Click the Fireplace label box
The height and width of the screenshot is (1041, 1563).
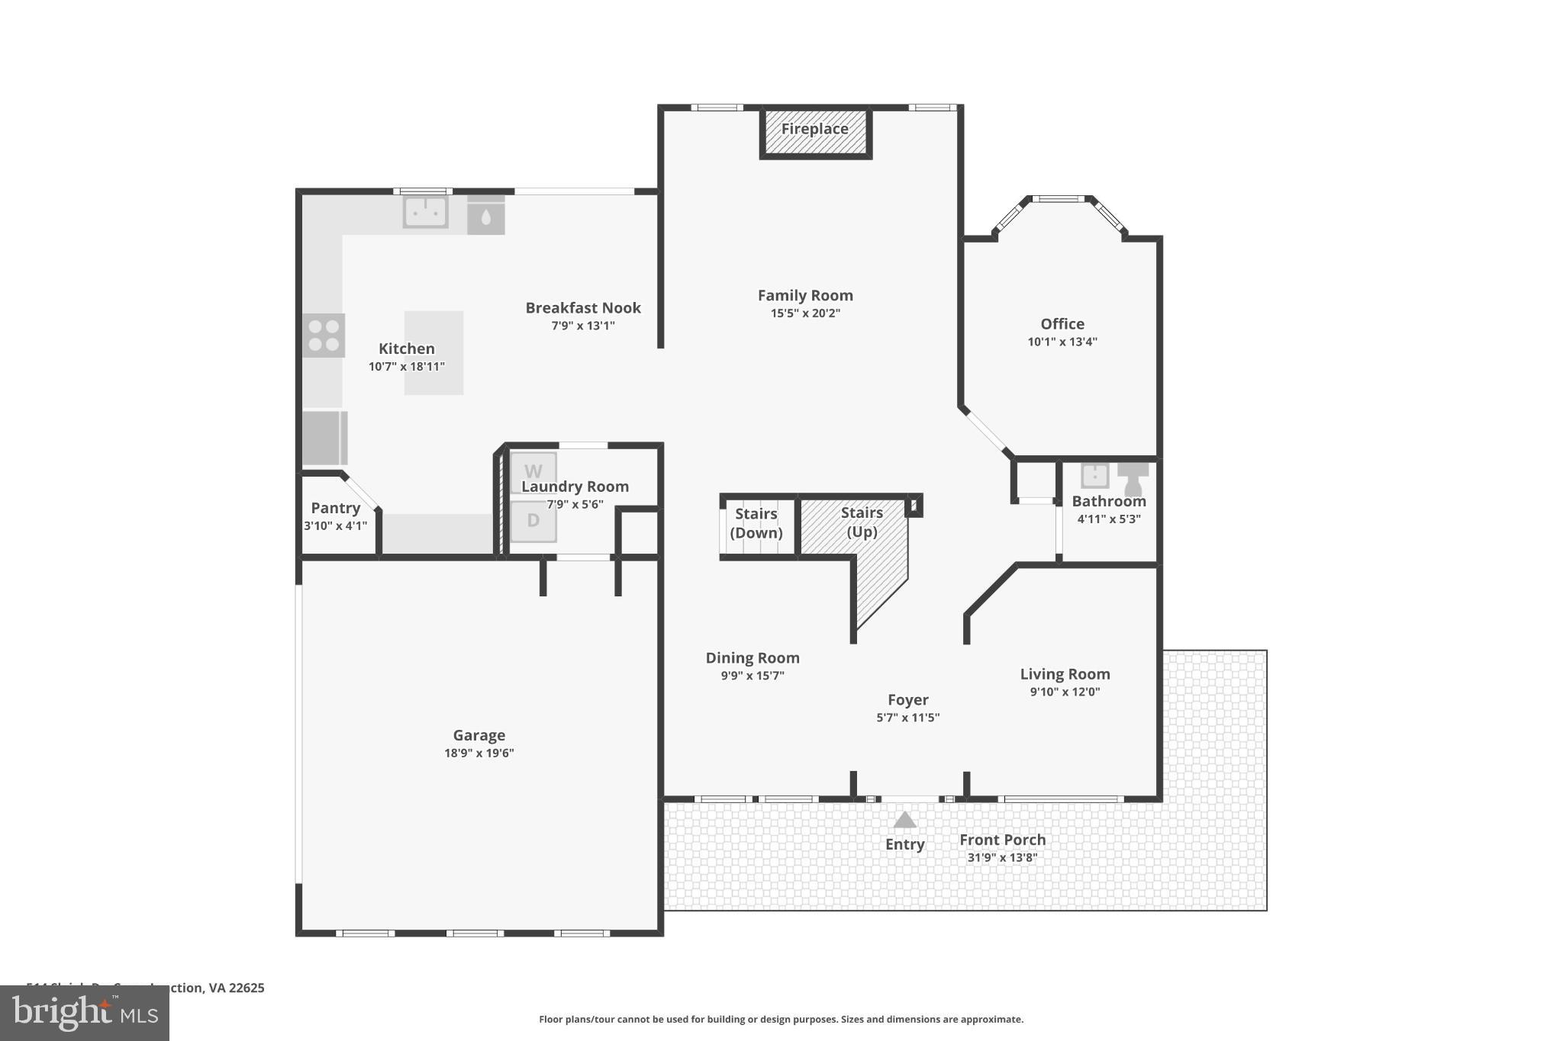point(815,131)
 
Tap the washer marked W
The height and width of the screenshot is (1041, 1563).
point(533,472)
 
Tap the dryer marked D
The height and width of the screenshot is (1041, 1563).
point(533,521)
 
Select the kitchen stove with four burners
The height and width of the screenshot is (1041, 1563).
point(324,336)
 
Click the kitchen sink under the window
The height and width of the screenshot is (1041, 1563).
point(425,213)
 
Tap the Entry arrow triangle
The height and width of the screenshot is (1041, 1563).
point(904,821)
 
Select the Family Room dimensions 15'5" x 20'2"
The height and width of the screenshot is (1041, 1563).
point(805,313)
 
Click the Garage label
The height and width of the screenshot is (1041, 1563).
point(479,735)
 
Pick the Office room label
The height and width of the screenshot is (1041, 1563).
point(1062,324)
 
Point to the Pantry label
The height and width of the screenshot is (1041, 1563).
point(335,508)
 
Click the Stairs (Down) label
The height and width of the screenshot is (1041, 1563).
point(756,523)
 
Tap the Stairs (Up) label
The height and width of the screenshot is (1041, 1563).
point(862,522)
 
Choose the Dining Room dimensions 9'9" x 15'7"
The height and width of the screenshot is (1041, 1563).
point(752,676)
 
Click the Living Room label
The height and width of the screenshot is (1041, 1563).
point(1065,674)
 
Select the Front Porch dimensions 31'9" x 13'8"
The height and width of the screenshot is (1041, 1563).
point(1002,857)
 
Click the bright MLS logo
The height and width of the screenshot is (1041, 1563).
point(85,1014)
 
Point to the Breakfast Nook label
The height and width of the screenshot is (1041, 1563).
point(583,308)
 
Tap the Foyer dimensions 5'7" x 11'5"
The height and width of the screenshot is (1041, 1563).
point(907,718)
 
